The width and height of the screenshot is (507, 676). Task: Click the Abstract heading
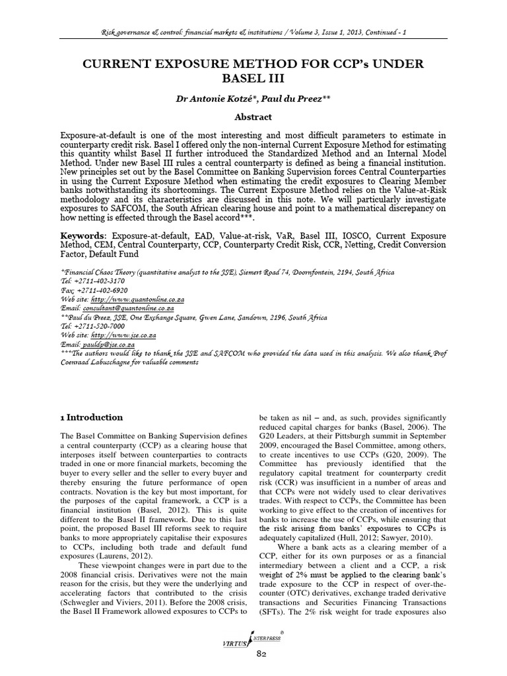click(x=253, y=117)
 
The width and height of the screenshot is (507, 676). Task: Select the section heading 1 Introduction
click(x=91, y=417)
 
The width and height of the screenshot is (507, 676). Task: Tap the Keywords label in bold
click(x=83, y=236)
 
